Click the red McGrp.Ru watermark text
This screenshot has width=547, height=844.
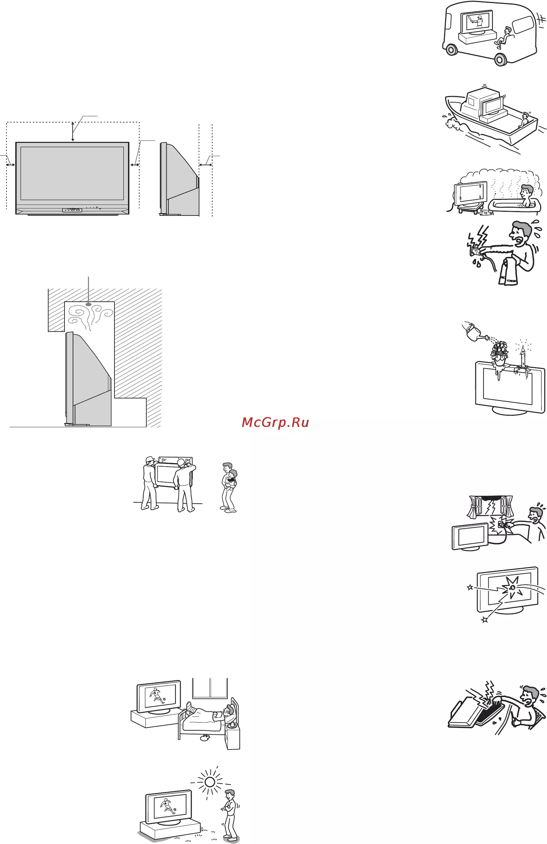[x=275, y=423]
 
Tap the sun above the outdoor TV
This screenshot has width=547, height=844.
[x=209, y=781]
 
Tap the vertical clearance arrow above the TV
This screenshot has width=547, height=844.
[x=73, y=132]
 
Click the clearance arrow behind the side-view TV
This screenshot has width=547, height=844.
[x=206, y=165]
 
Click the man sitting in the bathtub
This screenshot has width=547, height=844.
[x=525, y=195]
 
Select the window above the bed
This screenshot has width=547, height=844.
[x=210, y=688]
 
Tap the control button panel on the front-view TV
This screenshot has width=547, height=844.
[x=72, y=210]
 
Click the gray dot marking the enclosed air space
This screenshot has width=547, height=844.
[x=88, y=304]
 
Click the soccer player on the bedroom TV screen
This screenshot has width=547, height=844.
[x=158, y=696]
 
